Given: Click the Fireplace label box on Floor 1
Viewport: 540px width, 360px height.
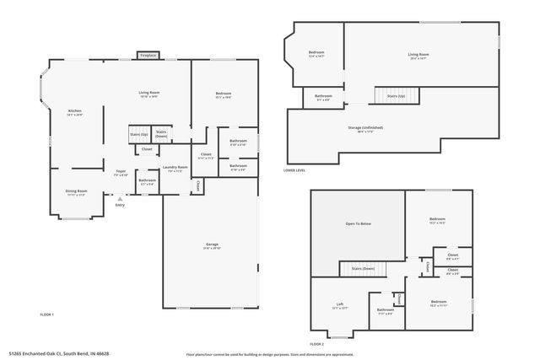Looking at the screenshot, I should pos(148,56).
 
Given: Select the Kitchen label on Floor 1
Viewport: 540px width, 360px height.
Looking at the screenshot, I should pos(74,112).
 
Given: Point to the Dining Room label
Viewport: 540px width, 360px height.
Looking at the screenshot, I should pos(77,191).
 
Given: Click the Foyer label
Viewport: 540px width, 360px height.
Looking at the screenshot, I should pos(121,173).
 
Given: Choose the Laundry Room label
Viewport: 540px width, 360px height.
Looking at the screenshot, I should pos(175,169).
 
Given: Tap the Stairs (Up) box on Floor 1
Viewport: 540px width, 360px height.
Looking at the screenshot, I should pos(139,133).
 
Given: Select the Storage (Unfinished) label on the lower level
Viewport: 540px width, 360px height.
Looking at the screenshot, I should pos(366,129).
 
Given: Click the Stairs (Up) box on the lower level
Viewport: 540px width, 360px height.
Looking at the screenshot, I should pos(395,96).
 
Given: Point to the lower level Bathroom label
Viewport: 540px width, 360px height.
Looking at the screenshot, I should pos(323,97).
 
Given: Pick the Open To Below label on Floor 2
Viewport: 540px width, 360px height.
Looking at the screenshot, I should pos(359,223).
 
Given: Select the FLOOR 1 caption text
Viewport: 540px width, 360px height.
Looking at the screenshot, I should pos(47,314).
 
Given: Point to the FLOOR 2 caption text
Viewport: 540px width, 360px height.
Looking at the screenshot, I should pos(316,344).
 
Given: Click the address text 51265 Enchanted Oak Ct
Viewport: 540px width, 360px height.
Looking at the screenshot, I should pos(59,353).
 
